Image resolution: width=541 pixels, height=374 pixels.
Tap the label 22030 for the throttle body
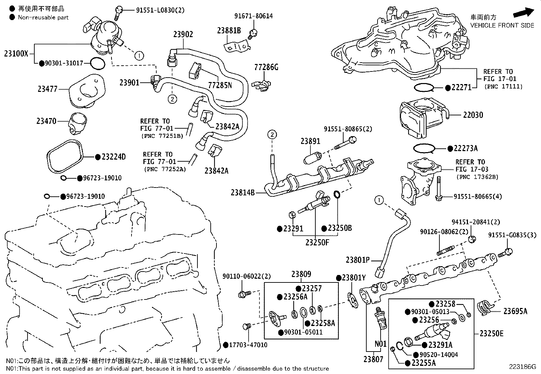[x=473, y=115]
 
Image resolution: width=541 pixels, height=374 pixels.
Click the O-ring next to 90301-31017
[x=98, y=63]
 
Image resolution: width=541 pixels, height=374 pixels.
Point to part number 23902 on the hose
[x=183, y=34]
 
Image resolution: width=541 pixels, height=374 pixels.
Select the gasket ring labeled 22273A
[x=424, y=148]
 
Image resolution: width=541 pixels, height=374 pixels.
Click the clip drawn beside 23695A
[x=485, y=307]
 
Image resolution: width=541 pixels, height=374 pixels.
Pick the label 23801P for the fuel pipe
[x=357, y=260]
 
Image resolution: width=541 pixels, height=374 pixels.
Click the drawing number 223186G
[x=522, y=367]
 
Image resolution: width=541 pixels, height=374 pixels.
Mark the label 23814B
[x=243, y=193]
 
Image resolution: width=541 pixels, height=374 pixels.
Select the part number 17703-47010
[x=248, y=345]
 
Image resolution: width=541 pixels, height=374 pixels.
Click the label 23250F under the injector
[x=317, y=242]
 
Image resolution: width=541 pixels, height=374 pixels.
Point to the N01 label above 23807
[x=380, y=344]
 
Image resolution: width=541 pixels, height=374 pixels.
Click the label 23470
[x=47, y=121]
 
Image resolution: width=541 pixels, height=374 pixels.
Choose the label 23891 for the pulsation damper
[x=310, y=141]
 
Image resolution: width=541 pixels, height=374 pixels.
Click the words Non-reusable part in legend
[x=43, y=17]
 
